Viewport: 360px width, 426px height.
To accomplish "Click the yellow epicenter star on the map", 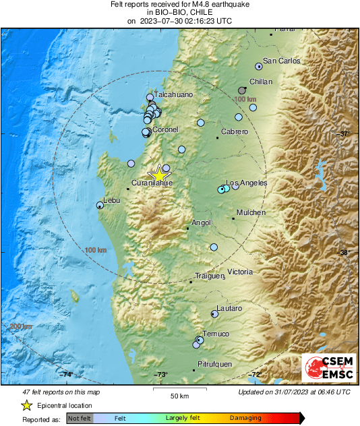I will coord(160,173).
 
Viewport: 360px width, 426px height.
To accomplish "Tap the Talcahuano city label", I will coord(174,96).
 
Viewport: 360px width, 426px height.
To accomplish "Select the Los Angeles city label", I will coord(246,183).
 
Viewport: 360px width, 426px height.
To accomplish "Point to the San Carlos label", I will coord(281,61).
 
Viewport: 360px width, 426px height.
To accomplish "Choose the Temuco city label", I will coord(216,334).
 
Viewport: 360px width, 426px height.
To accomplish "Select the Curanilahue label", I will coord(152,183).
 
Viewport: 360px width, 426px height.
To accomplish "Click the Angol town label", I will coord(201,222).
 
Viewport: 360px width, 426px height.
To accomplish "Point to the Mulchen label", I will coord(251,212).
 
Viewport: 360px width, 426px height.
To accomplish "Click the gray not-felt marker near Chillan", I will coord(242,90).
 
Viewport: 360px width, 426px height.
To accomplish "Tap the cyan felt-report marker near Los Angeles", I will coord(221,190).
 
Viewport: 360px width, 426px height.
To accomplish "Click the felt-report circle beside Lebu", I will coord(100,205).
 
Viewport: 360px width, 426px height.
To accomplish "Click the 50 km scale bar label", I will coord(179,395).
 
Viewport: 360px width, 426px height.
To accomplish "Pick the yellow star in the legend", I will coord(26,405).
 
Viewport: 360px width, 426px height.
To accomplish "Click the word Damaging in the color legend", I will coord(245,419).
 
